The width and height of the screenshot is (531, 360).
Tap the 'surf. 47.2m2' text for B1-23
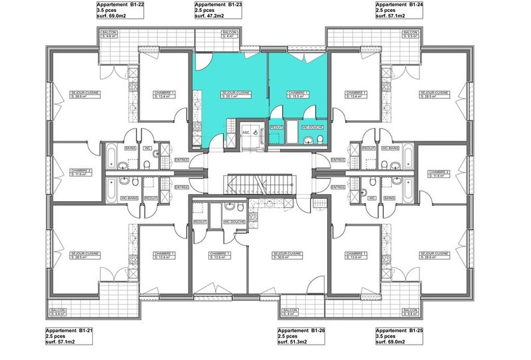tap(209, 15)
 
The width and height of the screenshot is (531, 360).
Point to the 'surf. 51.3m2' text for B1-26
tap(293, 342)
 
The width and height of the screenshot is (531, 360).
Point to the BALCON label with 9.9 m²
tap(110, 34)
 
